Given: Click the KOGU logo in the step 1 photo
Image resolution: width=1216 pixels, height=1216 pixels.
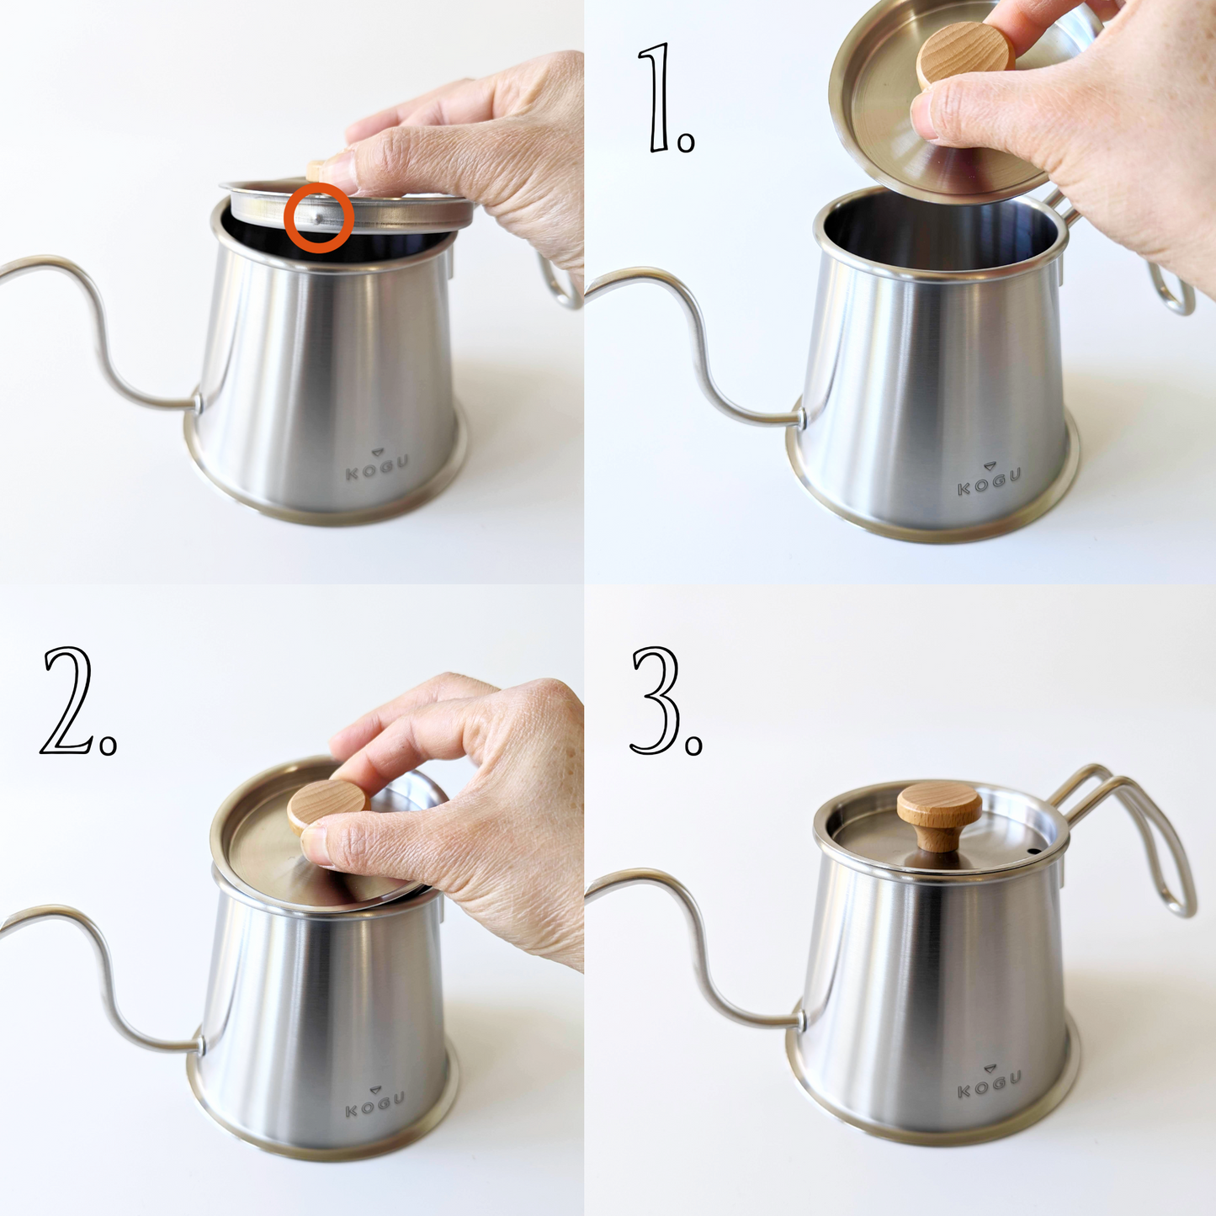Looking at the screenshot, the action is (989, 480).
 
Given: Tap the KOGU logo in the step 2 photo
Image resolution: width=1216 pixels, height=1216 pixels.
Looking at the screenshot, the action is (375, 1102).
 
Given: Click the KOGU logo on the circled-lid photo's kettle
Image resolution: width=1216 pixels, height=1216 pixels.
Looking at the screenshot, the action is (377, 464).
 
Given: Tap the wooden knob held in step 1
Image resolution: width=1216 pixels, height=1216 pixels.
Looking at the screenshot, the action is (965, 56).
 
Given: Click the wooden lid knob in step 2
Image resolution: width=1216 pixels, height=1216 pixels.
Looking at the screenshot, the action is (328, 806).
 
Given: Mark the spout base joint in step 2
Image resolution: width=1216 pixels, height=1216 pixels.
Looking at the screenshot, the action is (200, 1043).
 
